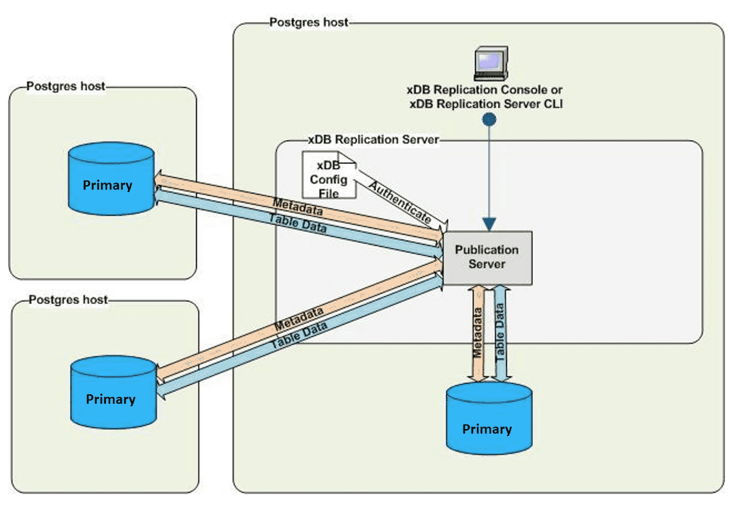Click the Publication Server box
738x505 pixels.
(x=487, y=258)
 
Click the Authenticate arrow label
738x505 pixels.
(x=400, y=203)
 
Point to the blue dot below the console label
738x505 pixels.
(x=489, y=120)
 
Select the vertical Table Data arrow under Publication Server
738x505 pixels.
(x=500, y=332)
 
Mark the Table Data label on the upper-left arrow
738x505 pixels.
(x=297, y=224)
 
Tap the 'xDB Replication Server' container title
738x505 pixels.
(x=373, y=139)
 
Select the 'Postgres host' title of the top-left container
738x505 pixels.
(x=66, y=86)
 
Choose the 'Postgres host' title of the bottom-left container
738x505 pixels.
(x=68, y=300)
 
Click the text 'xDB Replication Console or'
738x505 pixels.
(x=485, y=90)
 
